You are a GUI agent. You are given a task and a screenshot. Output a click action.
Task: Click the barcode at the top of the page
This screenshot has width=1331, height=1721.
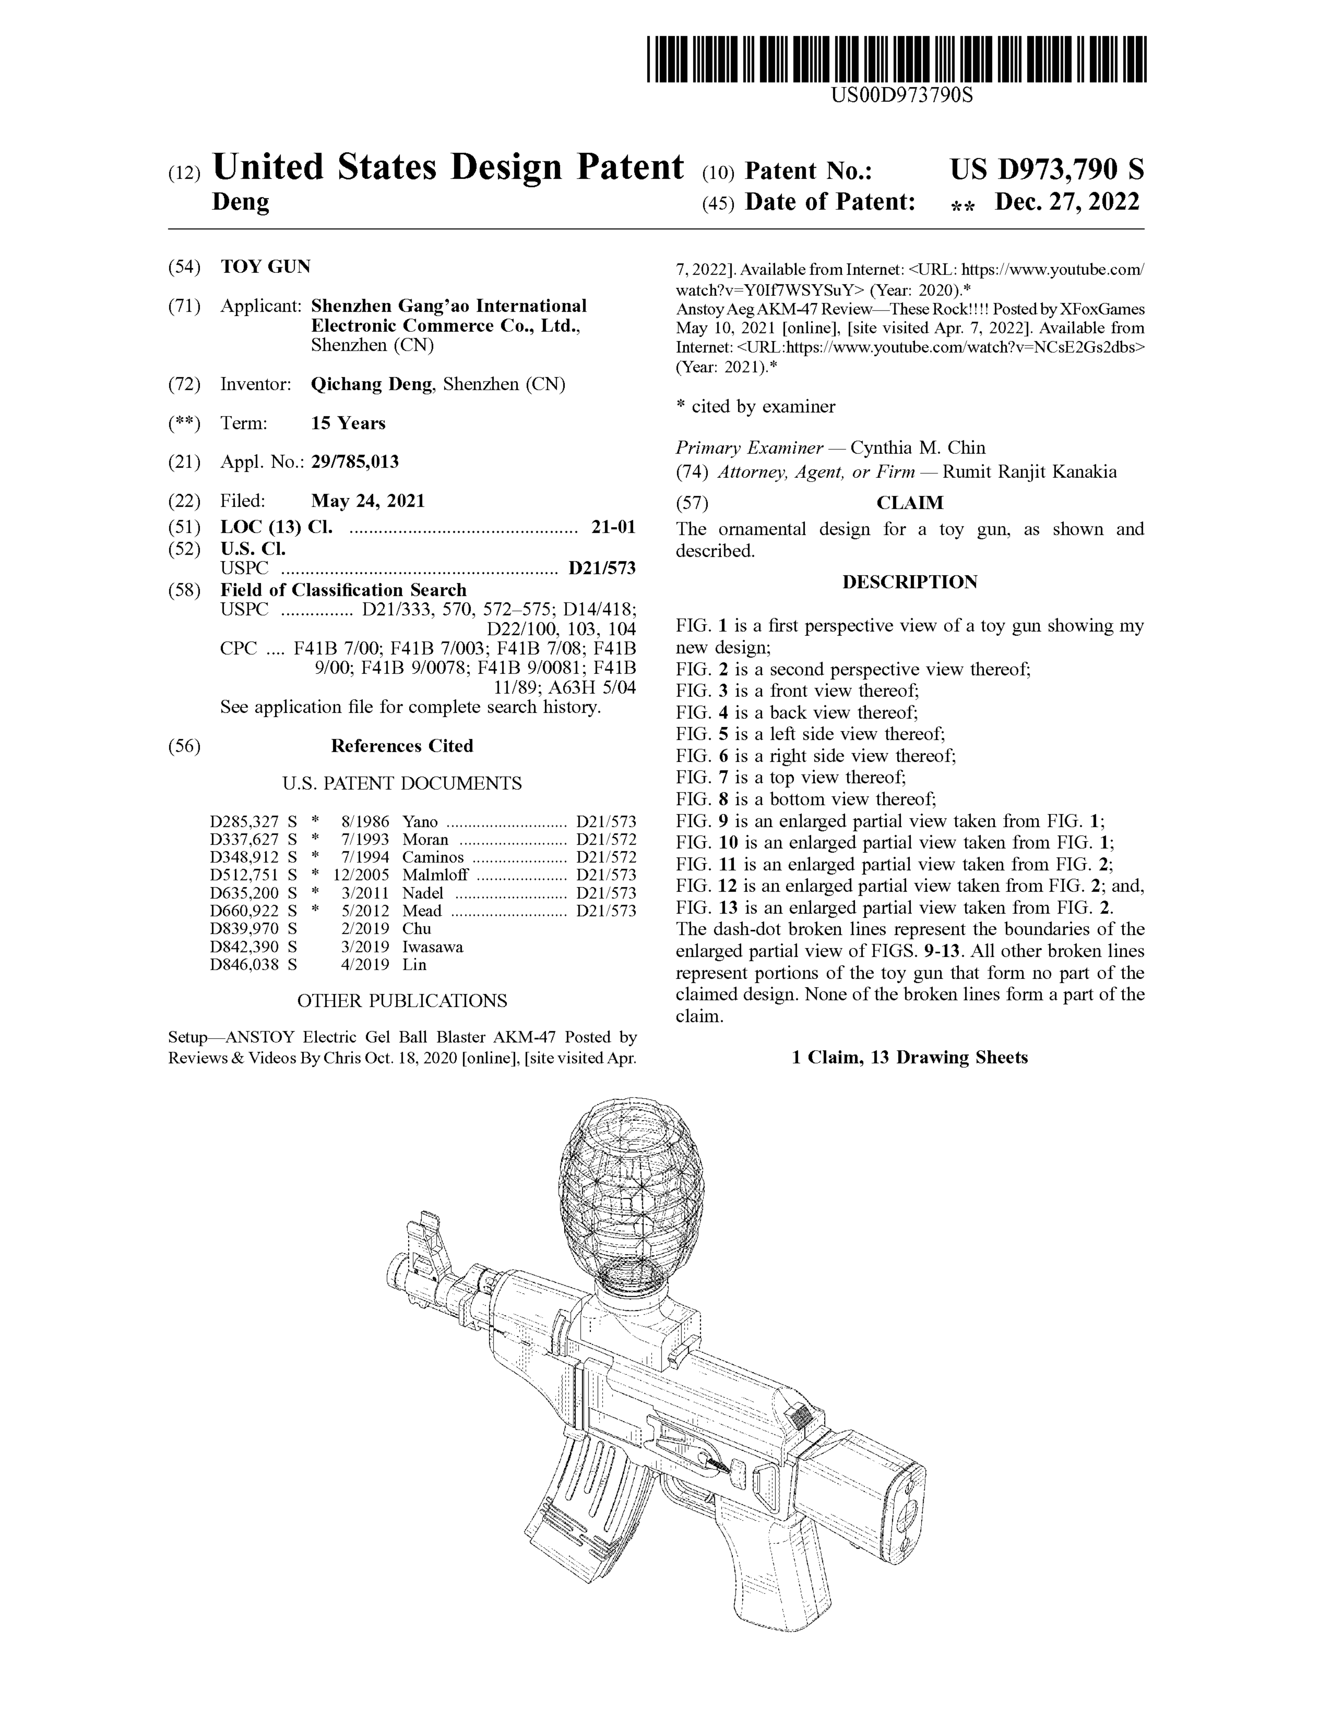(896, 59)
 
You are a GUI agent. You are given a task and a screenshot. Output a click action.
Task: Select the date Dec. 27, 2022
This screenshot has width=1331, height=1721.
(1067, 203)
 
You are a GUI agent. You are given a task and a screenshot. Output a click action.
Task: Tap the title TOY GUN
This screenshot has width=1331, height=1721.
(266, 266)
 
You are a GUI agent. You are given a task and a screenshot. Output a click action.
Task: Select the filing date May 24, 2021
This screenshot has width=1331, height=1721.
(367, 500)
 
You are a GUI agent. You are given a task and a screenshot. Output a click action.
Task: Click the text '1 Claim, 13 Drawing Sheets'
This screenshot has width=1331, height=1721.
(909, 1057)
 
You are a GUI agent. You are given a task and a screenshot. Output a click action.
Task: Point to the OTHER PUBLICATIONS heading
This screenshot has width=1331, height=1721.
(401, 1001)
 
